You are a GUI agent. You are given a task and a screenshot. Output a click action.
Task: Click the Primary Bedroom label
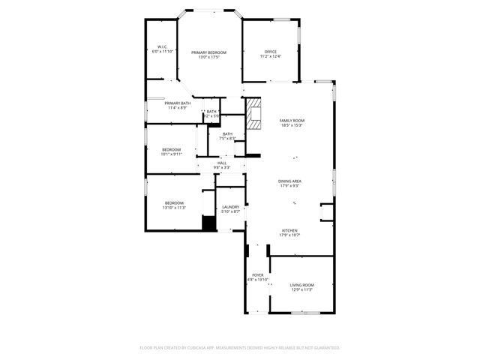pos(208,52)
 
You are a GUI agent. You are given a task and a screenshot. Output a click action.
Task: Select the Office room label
pos(270,52)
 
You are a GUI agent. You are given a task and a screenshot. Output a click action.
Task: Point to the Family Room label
pos(292,121)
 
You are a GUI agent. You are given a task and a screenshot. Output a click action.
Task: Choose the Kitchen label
pos(290,230)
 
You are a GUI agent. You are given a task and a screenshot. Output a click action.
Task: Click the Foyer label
pos(257,275)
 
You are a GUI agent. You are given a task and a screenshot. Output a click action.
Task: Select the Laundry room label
pos(231,207)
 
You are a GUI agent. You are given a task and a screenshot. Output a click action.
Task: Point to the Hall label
pos(222,163)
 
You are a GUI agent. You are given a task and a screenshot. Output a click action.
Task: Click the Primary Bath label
pos(178,103)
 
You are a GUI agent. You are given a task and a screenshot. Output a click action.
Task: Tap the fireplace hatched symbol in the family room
pos(254,112)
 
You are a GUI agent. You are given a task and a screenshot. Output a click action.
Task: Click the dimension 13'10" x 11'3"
pos(175,208)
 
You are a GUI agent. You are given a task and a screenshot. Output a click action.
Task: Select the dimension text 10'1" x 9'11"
pos(172,154)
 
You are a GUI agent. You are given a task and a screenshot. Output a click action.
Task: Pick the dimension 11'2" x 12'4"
pos(270,56)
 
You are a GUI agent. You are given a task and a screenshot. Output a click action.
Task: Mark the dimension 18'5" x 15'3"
pos(292,125)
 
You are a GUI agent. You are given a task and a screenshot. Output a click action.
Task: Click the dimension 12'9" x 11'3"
pos(302,289)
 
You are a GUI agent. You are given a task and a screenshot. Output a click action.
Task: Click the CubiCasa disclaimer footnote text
pos(240,348)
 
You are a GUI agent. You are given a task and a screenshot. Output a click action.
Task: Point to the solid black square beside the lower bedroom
pos(208,224)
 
